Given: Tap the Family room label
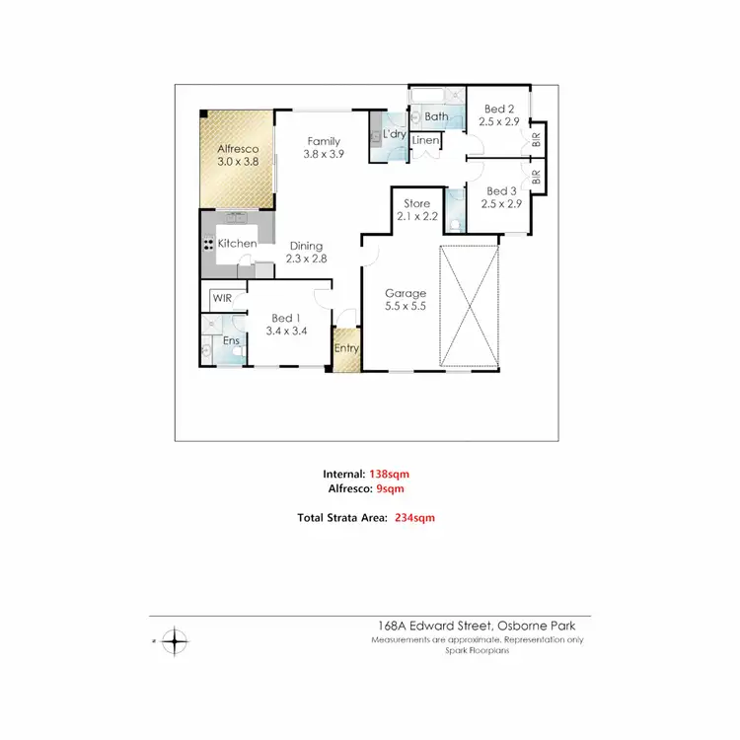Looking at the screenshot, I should [324, 141].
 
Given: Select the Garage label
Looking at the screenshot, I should [405, 293].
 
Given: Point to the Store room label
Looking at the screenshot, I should [415, 203].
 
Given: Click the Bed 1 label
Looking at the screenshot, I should [284, 318].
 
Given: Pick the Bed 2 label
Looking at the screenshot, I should [497, 110].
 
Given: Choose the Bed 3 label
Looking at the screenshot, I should [501, 191].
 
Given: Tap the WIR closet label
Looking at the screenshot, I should [221, 297].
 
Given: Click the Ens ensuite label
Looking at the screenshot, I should [231, 341].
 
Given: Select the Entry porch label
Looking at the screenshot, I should [346, 348].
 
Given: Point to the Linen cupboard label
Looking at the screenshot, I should [425, 141].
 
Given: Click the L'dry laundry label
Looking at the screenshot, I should [396, 133].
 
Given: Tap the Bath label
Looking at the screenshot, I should [436, 116].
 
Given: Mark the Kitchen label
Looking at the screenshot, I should [237, 244].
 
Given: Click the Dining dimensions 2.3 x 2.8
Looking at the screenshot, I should [306, 259].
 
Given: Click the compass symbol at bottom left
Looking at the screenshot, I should [174, 641].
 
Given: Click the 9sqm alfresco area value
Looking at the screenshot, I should [387, 488].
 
